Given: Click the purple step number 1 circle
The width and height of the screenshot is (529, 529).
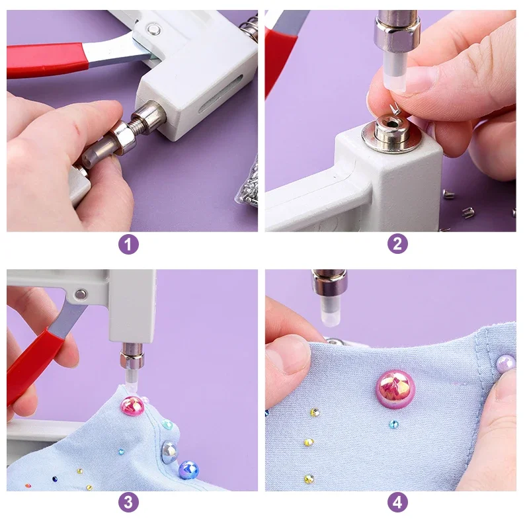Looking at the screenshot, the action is [128, 245].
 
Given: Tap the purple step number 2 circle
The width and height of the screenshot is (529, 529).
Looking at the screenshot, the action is [397, 244].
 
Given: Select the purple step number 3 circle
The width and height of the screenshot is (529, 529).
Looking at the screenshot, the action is [128, 503].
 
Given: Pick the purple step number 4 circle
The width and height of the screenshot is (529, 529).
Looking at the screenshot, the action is [397, 503].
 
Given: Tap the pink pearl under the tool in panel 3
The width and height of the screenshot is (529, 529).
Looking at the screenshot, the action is [133, 406].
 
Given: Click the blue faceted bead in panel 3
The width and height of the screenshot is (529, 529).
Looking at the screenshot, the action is [188, 470].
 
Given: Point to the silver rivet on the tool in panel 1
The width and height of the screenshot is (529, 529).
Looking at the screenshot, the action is [153, 29].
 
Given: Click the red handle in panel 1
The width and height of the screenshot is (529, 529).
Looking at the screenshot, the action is [46, 60].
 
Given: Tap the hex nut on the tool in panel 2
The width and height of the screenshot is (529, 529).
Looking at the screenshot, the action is [397, 34].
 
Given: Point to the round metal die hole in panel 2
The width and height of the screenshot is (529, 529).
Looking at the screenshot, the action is [391, 124].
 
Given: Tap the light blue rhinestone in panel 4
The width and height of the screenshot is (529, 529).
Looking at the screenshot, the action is [393, 424].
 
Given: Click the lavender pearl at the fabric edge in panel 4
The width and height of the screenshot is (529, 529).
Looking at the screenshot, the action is [506, 364].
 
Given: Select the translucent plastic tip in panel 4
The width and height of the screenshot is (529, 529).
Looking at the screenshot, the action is [329, 312].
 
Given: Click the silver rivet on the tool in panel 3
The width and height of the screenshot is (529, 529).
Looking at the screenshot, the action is [80, 294].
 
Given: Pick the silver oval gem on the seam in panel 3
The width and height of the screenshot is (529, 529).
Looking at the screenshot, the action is [169, 451].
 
